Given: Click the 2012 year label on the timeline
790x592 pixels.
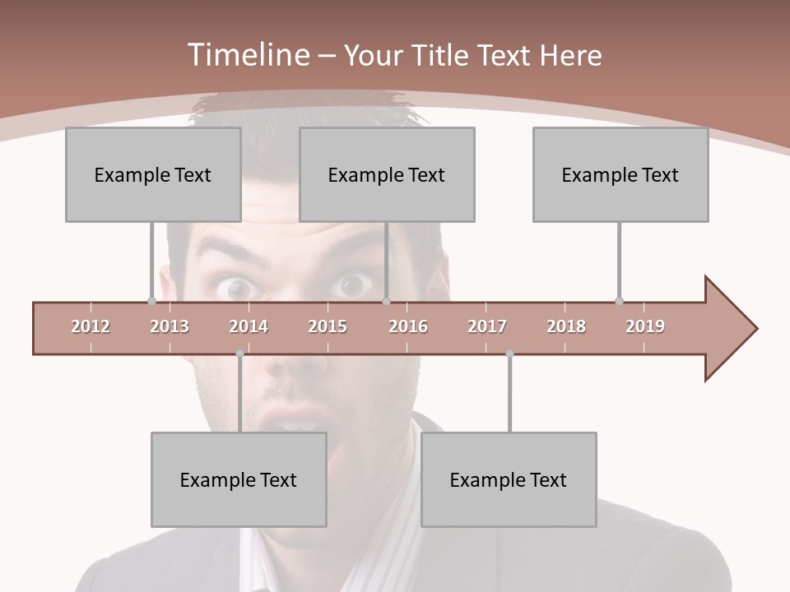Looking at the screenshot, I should click(x=91, y=326).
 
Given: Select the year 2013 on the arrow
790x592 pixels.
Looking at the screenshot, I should click(x=170, y=326).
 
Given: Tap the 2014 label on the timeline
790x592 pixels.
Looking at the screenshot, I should click(x=249, y=326).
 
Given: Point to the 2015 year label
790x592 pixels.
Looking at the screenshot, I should click(x=328, y=326).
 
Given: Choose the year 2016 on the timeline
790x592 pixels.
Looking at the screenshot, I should click(x=408, y=326).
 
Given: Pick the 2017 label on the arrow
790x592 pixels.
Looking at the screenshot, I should click(x=487, y=326).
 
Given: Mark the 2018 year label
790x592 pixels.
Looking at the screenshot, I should click(x=566, y=326).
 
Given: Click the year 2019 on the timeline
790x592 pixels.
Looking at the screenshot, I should click(x=645, y=326).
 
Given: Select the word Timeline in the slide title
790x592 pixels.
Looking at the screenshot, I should click(x=247, y=55).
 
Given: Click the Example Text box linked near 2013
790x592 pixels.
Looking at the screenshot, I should click(x=153, y=174).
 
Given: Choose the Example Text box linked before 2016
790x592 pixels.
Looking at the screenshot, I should click(x=387, y=174).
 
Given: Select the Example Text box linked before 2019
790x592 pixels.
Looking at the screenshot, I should click(x=620, y=174).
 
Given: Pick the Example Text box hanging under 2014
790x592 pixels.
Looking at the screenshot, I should click(x=239, y=479).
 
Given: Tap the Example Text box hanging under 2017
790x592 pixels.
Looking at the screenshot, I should click(x=509, y=479).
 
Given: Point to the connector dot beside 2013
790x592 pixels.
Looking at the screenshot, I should click(x=151, y=302).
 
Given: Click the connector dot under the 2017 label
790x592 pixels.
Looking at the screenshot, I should click(x=509, y=354).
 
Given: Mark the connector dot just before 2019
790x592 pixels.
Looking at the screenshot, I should click(x=619, y=302).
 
